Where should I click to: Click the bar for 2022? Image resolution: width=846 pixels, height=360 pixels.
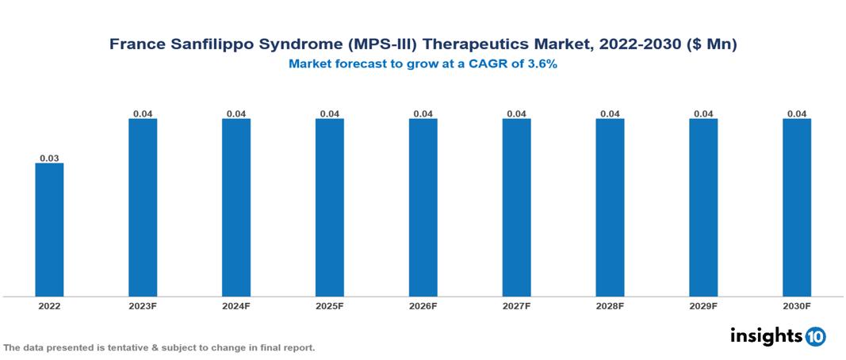[49, 230]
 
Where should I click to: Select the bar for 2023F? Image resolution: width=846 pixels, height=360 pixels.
[143, 208]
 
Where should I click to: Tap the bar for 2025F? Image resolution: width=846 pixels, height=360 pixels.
[329, 208]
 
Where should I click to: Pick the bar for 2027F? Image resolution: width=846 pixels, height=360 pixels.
[516, 208]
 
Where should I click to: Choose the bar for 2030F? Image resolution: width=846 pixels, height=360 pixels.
[797, 208]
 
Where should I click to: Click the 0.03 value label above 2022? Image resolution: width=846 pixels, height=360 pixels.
[49, 158]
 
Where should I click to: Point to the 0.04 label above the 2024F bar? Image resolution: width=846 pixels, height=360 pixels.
[236, 113]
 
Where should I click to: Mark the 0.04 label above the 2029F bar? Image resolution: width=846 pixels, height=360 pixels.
[703, 113]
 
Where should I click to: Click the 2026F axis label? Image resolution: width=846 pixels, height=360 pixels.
[423, 306]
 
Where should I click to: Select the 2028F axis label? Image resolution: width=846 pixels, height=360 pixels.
[610, 306]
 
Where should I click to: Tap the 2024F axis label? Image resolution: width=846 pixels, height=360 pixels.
[236, 306]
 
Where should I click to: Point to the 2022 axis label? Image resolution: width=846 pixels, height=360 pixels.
[49, 306]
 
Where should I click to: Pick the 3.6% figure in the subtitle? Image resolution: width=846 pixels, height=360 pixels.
[542, 64]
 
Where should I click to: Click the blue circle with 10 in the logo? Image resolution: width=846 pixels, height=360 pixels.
[815, 336]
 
